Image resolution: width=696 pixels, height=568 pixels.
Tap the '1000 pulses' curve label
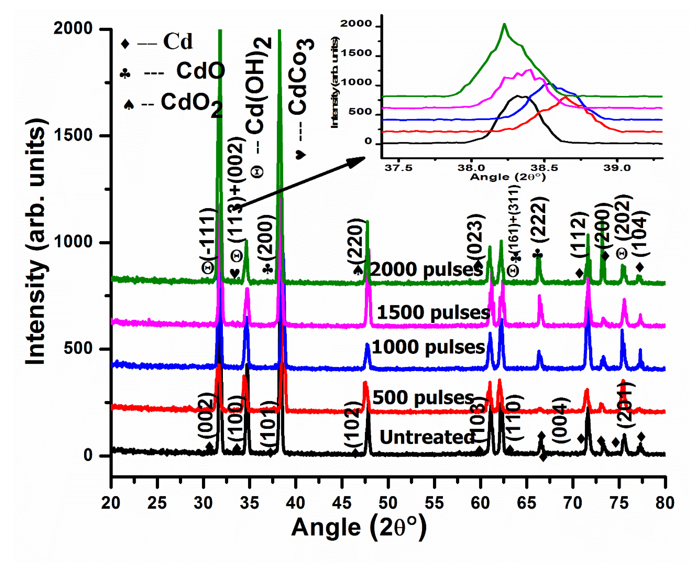click(x=428, y=347)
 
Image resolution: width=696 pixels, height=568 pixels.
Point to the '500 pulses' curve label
click(x=423, y=398)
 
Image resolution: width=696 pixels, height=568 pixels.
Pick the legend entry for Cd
click(x=157, y=42)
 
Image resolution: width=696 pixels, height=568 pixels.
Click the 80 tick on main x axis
click(x=665, y=502)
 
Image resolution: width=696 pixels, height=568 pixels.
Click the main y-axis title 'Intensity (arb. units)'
click(x=36, y=242)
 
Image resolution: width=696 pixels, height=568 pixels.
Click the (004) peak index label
click(x=561, y=420)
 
